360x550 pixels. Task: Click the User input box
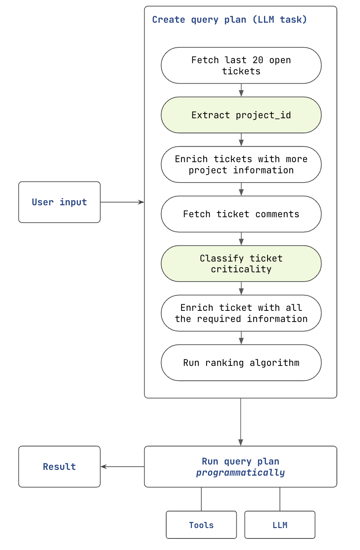tap(59, 202)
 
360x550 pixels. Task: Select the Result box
tap(59, 466)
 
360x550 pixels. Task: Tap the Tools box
tap(201, 525)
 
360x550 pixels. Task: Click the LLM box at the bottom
tap(280, 525)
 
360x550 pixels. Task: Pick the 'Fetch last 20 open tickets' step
tap(241, 65)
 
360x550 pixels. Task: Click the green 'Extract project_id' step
tap(241, 115)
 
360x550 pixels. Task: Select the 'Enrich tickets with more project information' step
tap(241, 164)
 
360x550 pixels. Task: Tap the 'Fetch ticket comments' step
tap(241, 214)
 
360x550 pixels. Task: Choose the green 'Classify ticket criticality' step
tap(241, 264)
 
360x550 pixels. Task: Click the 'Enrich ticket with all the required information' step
tap(241, 313)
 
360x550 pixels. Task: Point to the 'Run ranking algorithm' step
tap(241, 363)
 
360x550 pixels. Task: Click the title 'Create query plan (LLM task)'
tap(229, 20)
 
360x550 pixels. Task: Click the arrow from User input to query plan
tap(122, 202)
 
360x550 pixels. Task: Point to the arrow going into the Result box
tap(122, 466)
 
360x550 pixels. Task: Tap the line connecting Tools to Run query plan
tap(201, 499)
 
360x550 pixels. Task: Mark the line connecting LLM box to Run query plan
tap(280, 499)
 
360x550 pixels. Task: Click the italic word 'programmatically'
tap(241, 473)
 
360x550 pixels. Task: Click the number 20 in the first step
tap(258, 60)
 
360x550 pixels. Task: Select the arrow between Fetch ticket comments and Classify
tap(241, 239)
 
